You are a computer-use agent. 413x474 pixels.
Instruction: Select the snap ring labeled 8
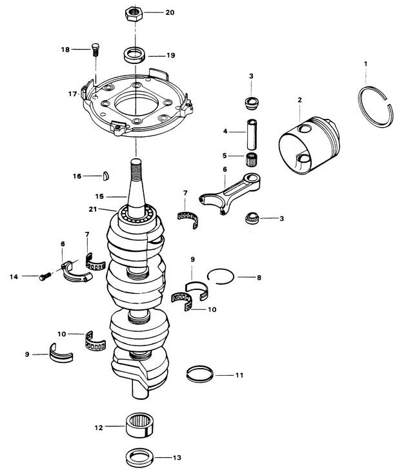coord(220,276)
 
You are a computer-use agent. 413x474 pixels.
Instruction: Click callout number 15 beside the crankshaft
coord(99,196)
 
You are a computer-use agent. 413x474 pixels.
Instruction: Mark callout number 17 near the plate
coord(72,94)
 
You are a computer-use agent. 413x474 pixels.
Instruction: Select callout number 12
coord(99,426)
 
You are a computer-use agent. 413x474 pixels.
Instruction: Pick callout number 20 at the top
coord(170,13)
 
